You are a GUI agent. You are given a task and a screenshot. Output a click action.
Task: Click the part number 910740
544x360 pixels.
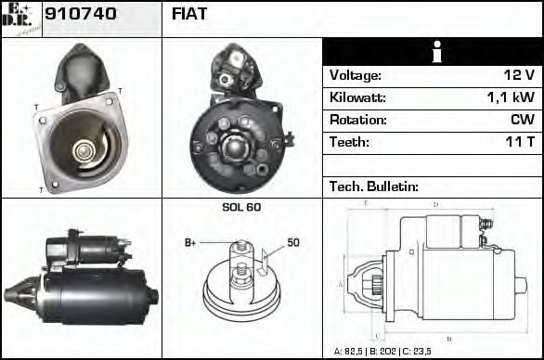tap(81, 14)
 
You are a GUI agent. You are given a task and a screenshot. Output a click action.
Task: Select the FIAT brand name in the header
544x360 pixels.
tap(189, 14)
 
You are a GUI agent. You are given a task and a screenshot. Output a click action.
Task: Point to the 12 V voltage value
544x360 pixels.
tap(516, 75)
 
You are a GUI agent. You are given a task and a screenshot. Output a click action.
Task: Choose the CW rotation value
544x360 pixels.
tap(522, 120)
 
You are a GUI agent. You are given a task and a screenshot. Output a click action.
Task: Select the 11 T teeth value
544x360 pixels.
tap(519, 142)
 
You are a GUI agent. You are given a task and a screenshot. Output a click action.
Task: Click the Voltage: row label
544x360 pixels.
tap(356, 75)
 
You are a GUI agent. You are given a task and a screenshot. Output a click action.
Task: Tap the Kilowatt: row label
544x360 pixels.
tap(357, 97)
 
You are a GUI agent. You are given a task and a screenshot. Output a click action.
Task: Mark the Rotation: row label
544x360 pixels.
tap(358, 120)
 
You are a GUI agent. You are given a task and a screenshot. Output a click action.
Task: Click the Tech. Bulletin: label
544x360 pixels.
tap(374, 186)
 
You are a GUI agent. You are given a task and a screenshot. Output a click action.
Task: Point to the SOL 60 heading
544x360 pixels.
tap(241, 206)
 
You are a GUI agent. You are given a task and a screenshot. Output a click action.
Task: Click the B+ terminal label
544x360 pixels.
tap(190, 243)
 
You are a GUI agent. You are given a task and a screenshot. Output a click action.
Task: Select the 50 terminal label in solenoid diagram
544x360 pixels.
tap(293, 243)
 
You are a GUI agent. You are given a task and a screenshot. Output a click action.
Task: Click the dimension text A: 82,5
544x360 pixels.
tap(350, 352)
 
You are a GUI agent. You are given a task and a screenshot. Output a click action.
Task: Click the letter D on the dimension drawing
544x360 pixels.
tap(435, 204)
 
